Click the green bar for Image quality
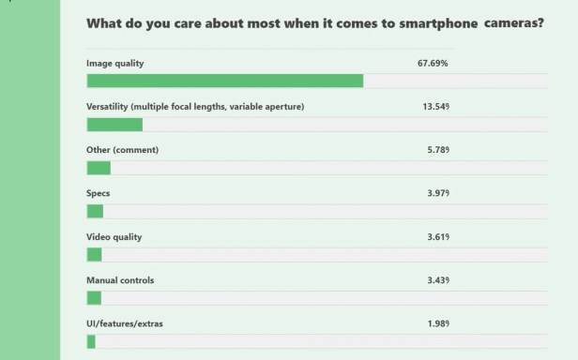[x=224, y=81]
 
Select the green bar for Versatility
[x=114, y=125]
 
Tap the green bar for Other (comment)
[x=99, y=168]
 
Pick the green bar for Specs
[x=95, y=211]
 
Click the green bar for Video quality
[x=94, y=254]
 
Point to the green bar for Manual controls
[x=94, y=297]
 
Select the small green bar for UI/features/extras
[x=91, y=341]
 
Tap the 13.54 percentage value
[x=436, y=107]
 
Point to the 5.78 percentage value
[x=438, y=150]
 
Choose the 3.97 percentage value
[x=438, y=193]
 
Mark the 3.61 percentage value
[x=438, y=236]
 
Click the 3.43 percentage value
[x=438, y=280]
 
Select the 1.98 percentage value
[x=438, y=323]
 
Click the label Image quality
[x=117, y=64]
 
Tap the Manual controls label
[x=120, y=280]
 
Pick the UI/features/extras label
[x=123, y=323]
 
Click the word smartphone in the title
[x=411, y=24]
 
